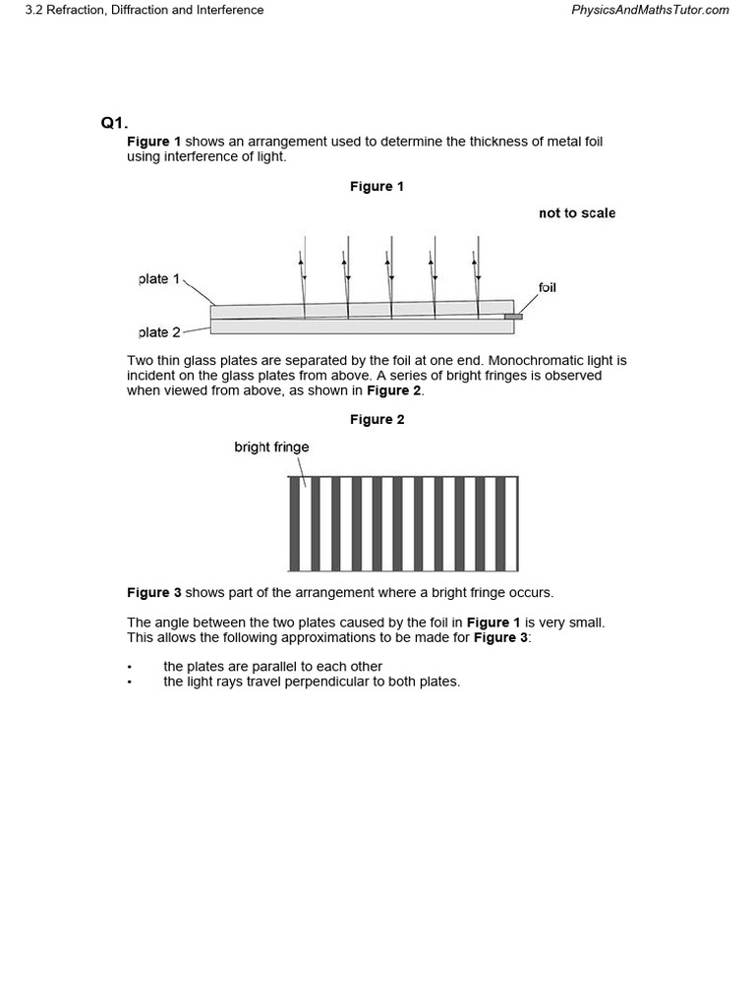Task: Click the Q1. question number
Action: [x=114, y=123]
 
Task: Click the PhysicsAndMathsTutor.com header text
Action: [x=650, y=10]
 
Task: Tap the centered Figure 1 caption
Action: [x=377, y=186]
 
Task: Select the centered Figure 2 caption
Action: [x=377, y=419]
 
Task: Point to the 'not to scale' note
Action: [x=577, y=212]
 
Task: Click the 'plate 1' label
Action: [x=159, y=279]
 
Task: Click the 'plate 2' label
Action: [x=159, y=332]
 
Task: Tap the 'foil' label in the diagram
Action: [x=547, y=287]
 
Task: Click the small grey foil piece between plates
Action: [x=513, y=317]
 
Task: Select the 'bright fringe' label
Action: [x=271, y=446]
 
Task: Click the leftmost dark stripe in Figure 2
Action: [x=294, y=523]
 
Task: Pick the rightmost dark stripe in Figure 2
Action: [x=500, y=523]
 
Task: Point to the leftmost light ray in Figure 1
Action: [x=304, y=275]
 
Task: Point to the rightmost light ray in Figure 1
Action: [x=476, y=275]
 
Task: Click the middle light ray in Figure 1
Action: [x=390, y=275]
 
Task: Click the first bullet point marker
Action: [x=130, y=667]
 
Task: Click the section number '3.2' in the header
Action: [x=34, y=10]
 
